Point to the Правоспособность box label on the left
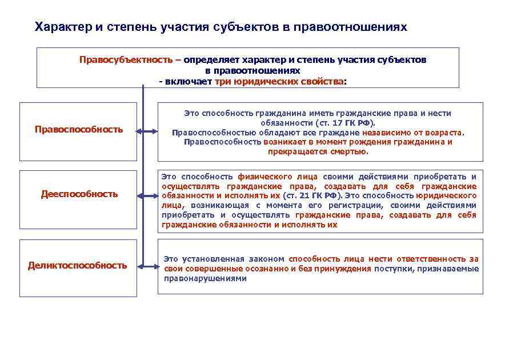pos(79,129)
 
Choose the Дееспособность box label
pos(79,194)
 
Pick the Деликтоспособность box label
pos(78,265)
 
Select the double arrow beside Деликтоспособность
pos(147,266)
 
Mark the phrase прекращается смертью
pos(318,152)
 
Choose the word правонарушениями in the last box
pos(205,278)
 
